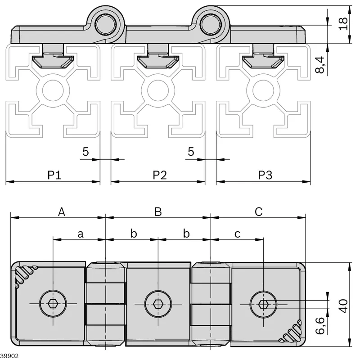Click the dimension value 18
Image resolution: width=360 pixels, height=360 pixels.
click(x=343, y=24)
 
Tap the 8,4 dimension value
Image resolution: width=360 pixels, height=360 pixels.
click(x=320, y=65)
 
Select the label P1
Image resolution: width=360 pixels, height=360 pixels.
click(x=54, y=175)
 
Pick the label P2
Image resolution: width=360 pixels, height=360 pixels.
click(x=160, y=175)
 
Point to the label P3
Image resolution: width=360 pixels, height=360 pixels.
click(x=265, y=175)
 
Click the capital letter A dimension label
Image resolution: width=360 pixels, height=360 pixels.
click(x=62, y=211)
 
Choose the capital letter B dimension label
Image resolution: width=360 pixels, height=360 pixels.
click(x=158, y=211)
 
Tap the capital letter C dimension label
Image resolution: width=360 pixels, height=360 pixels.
click(x=258, y=211)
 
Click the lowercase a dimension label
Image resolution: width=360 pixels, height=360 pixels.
click(x=81, y=234)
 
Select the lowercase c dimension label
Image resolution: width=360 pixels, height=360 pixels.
click(x=238, y=234)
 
